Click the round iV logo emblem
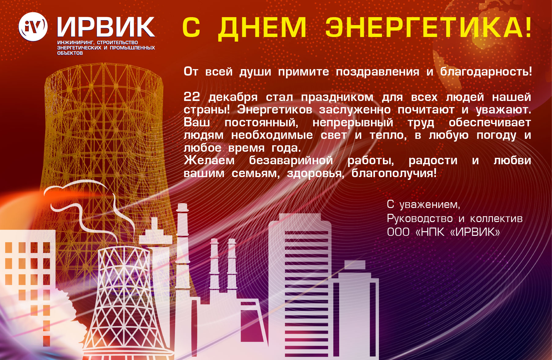pyautogui.click(x=33, y=27)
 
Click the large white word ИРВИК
pyautogui.click(x=106, y=27)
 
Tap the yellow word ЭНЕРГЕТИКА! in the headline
pyautogui.click(x=428, y=27)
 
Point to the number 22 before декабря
pyautogui.click(x=192, y=97)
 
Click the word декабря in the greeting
pyautogui.click(x=233, y=98)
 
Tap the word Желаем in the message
pyautogui.click(x=209, y=160)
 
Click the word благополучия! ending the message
pyautogui.click(x=394, y=173)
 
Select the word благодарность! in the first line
pyautogui.click(x=486, y=72)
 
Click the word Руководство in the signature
pyautogui.click(x=420, y=219)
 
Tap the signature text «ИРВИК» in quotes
pyautogui.click(x=475, y=232)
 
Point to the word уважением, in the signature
pyautogui.click(x=430, y=205)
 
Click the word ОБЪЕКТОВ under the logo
pyautogui.click(x=70, y=53)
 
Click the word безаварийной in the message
pyautogui.click(x=291, y=160)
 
